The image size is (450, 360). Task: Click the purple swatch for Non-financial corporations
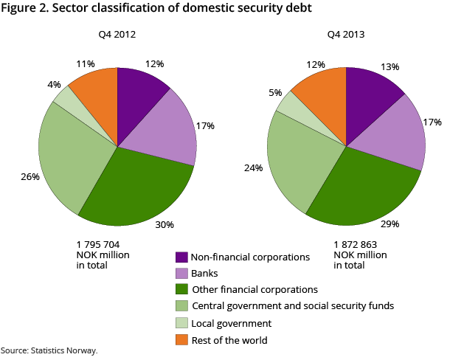pos(181,257)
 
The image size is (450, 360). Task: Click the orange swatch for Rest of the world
pos(181,339)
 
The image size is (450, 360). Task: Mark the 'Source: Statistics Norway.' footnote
pos(49,350)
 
